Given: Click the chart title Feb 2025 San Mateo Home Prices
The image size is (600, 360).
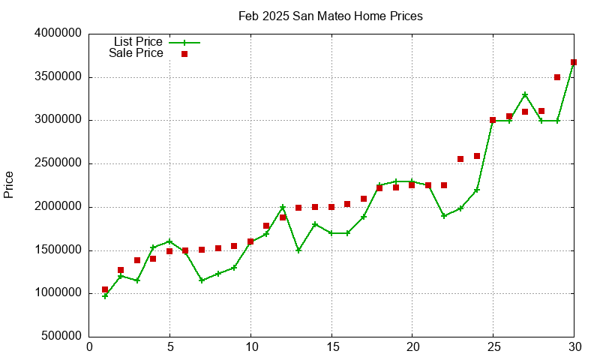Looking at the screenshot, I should coord(330,16).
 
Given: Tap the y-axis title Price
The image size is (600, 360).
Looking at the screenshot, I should coord(9,184).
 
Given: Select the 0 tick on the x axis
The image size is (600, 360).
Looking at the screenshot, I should coord(89,347).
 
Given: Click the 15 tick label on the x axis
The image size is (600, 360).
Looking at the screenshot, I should coord(331,347).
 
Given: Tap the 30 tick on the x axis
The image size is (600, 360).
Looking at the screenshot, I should coord(574,347).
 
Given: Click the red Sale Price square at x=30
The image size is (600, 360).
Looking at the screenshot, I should coord(574,63).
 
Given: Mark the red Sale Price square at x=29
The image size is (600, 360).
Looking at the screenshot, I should coord(557,77).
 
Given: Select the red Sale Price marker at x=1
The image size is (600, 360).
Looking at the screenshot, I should coord(105,289).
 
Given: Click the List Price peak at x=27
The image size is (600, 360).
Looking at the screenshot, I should coord(525,94).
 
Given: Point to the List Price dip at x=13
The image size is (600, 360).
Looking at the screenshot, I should coord(298,250).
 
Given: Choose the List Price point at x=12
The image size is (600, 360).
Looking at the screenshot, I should coord(283,207).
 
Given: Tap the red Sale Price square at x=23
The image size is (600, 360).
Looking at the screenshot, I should coord(460,159).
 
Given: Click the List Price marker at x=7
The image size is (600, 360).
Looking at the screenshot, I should coord(202,280).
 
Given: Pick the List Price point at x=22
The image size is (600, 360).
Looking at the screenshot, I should coord(444,216).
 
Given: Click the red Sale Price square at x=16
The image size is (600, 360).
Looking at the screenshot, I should coord(347,204).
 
